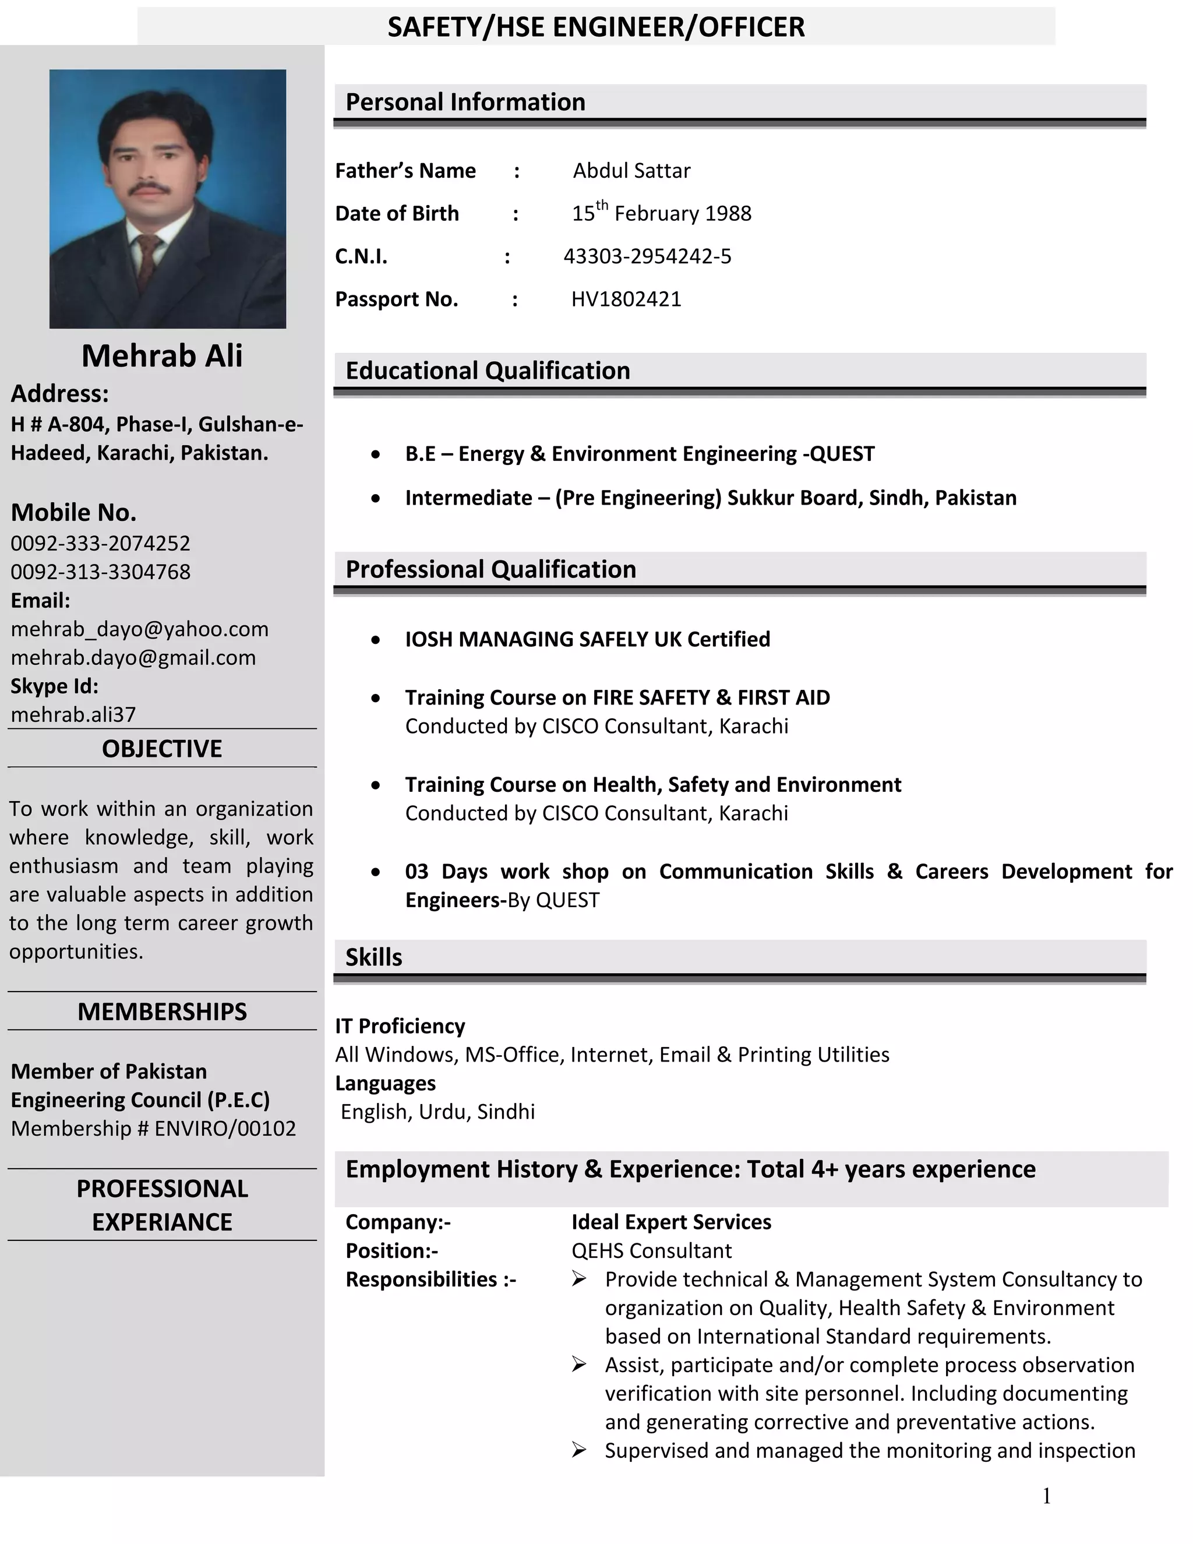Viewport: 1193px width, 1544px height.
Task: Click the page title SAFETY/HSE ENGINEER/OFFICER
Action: pyautogui.click(x=596, y=27)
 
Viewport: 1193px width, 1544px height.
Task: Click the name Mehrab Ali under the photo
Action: pyautogui.click(x=162, y=355)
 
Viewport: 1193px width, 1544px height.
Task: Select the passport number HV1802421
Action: pyautogui.click(x=626, y=299)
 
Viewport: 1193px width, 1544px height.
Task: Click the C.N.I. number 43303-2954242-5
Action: pyautogui.click(x=647, y=256)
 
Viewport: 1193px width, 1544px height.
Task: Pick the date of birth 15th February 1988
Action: pyautogui.click(x=662, y=213)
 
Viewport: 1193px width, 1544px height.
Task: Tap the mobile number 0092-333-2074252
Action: pyautogui.click(x=100, y=543)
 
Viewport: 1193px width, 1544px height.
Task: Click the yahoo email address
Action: pyautogui.click(x=139, y=629)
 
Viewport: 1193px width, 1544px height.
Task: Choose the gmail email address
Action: pyautogui.click(x=133, y=657)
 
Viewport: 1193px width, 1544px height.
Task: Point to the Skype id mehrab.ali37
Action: pyautogui.click(x=73, y=714)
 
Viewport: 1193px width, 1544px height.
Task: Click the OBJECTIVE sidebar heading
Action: pyautogui.click(x=162, y=749)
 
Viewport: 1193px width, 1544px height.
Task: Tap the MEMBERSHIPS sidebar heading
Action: pyautogui.click(x=162, y=1011)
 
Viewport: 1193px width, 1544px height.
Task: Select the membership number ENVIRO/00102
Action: pyautogui.click(x=225, y=1129)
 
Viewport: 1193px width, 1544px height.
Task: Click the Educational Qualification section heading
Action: pyautogui.click(x=488, y=371)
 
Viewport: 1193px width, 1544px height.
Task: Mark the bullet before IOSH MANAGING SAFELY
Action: pyautogui.click(x=375, y=640)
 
